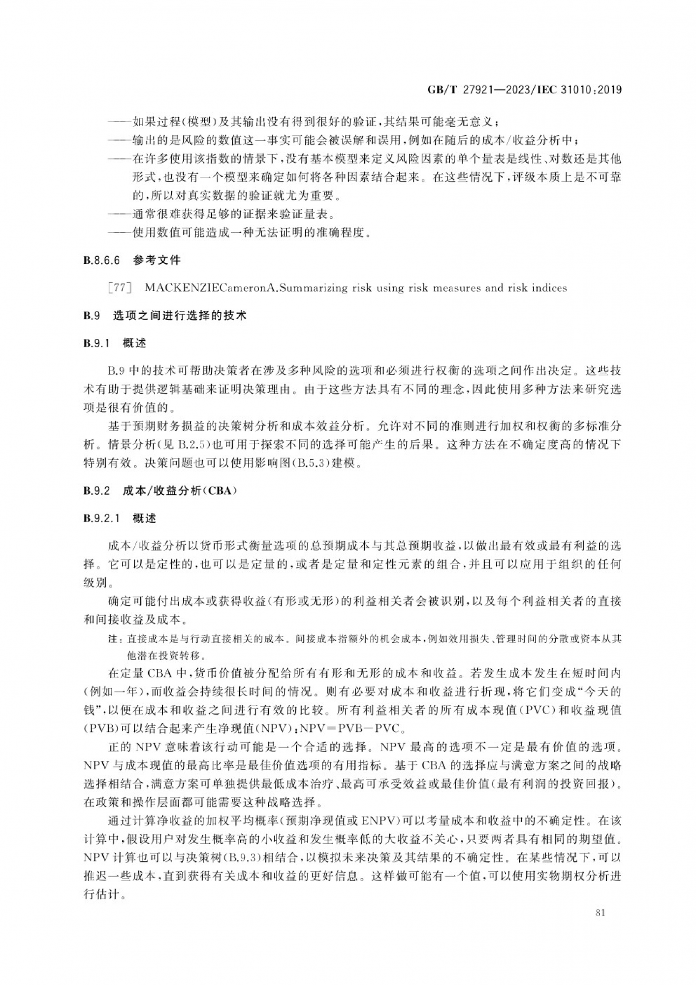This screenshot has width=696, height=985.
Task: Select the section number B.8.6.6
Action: [x=101, y=261]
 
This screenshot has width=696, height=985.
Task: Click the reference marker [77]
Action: [x=120, y=288]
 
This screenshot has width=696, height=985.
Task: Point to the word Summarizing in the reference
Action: [x=311, y=288]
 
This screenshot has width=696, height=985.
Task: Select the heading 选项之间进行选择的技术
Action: [x=180, y=316]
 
